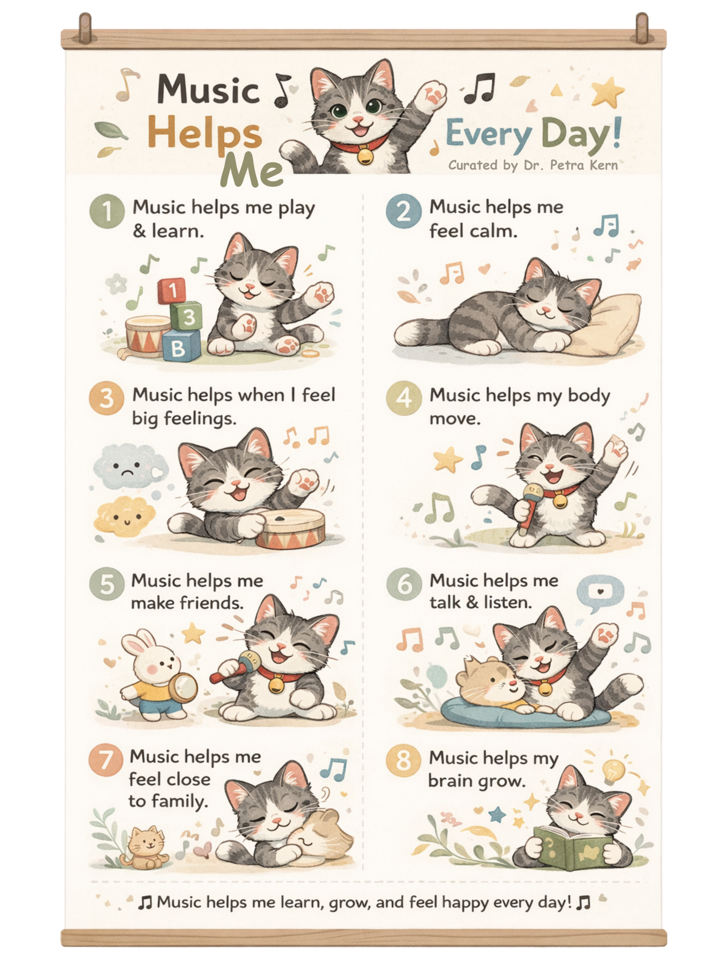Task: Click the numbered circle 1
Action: [x=107, y=211]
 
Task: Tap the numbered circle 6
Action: [x=404, y=584]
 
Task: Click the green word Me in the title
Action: [x=252, y=170]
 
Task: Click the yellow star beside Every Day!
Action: [x=607, y=91]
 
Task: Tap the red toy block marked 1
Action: [x=172, y=291]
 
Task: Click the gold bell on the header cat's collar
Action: [x=365, y=155]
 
